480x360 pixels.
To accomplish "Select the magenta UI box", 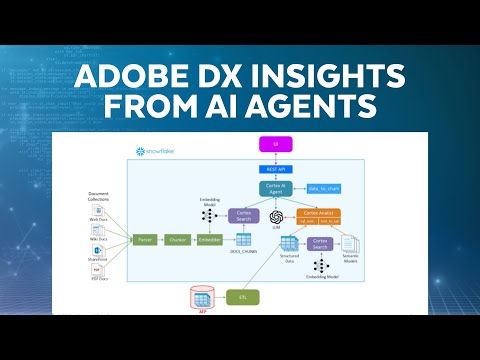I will tap(274, 145).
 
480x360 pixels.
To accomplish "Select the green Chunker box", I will tap(178, 240).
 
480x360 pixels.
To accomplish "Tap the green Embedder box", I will tap(210, 240).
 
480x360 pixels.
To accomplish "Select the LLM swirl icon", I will tap(277, 215).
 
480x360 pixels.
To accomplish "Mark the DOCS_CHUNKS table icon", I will tap(243, 240).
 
